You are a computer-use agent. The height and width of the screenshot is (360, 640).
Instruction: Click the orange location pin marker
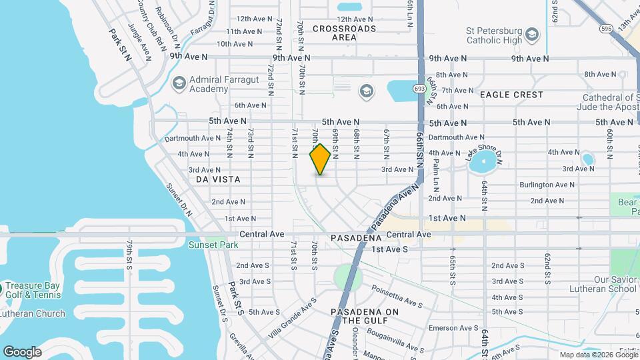tap(320, 159)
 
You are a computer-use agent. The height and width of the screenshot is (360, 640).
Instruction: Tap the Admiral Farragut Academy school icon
tap(179, 83)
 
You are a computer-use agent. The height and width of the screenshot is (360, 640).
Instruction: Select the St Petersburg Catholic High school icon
tap(531, 34)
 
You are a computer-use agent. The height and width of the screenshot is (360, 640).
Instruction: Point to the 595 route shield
tap(605, 29)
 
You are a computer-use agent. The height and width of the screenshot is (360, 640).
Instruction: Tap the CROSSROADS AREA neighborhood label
tap(344, 33)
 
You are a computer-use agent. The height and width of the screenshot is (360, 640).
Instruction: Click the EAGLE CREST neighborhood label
tap(511, 95)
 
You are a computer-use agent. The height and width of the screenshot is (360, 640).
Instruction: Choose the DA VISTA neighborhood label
tap(218, 180)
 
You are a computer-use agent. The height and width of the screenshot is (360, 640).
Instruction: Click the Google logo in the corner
tap(22, 352)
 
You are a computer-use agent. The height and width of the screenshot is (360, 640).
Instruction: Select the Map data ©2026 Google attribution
tap(599, 355)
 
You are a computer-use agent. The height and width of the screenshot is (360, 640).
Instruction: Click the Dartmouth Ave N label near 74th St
tap(193, 139)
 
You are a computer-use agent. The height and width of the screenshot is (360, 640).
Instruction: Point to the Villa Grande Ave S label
tap(292, 317)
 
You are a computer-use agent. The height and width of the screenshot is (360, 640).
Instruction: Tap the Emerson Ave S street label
tap(453, 328)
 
